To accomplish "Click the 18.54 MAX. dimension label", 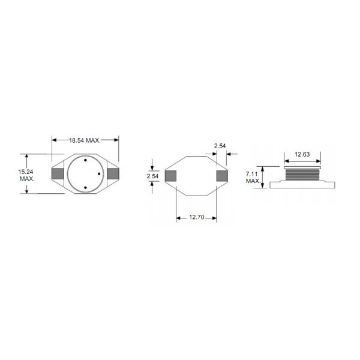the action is point(85,140).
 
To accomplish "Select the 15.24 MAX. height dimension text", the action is point(26,175).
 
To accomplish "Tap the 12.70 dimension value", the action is point(197,217).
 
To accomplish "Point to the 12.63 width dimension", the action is point(302,154).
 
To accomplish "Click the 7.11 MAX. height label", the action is point(253,178).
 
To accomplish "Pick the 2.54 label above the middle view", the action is point(220,146).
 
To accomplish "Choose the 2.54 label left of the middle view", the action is point(152,176).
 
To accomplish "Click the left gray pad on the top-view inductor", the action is point(58,174).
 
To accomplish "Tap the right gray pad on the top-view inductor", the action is point(113,174).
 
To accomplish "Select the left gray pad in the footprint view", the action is point(170,176).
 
